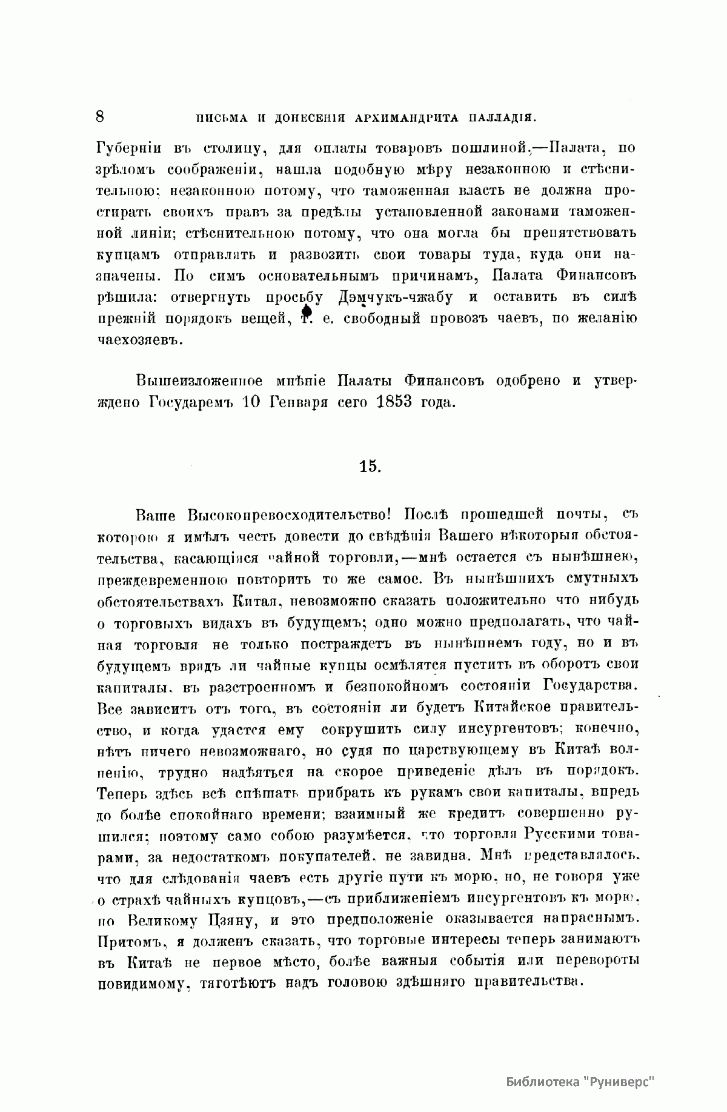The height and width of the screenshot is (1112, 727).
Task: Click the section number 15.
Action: coord(368,466)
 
